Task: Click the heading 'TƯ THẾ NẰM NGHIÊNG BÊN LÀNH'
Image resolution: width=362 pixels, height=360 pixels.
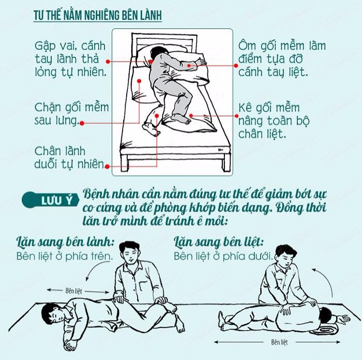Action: click(98, 16)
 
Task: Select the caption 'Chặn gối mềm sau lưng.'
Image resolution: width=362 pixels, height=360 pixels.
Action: click(71, 114)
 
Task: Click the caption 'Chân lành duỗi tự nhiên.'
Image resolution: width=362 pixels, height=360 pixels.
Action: click(69, 158)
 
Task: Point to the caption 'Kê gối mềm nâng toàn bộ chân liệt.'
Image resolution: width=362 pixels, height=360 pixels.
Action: click(274, 121)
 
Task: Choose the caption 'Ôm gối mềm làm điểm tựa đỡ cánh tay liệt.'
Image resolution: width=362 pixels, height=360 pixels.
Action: click(282, 59)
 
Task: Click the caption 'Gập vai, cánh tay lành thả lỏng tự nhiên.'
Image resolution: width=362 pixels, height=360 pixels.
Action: click(70, 59)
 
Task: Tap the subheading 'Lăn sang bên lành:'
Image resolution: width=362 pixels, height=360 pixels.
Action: click(66, 242)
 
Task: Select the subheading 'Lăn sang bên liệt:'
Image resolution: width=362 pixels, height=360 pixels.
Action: click(219, 242)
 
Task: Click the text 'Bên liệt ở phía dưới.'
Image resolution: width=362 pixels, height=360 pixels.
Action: click(223, 256)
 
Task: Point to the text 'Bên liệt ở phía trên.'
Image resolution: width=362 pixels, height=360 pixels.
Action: click(65, 256)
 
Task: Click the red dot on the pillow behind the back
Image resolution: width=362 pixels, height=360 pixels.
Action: click(139, 81)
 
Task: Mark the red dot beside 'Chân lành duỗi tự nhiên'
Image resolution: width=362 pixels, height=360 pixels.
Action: click(107, 166)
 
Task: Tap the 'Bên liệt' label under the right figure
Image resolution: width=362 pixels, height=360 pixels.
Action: click(279, 342)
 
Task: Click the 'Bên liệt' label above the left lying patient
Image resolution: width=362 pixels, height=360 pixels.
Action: click(73, 291)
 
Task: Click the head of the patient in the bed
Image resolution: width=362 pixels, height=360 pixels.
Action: click(157, 52)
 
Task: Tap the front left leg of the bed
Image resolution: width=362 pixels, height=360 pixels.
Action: click(125, 163)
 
